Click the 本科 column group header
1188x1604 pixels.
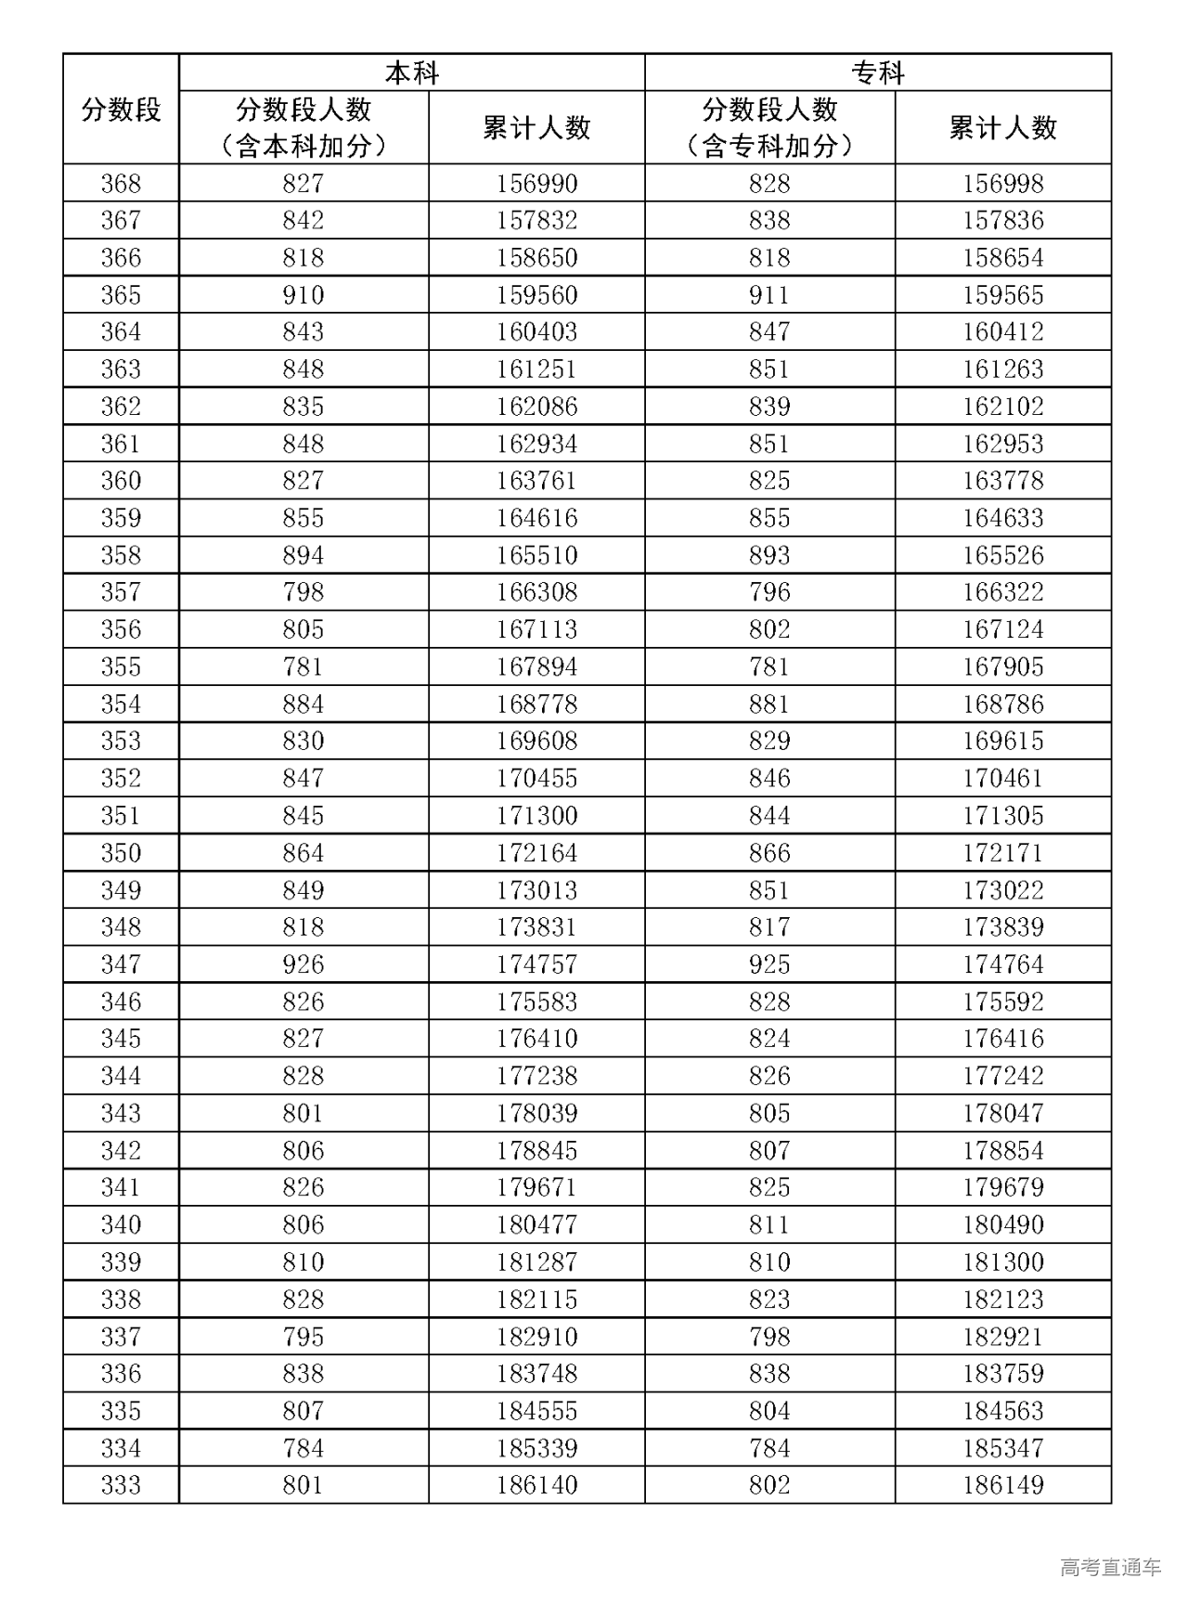[411, 72]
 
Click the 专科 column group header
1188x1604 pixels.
[877, 72]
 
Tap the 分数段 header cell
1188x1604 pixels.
[121, 110]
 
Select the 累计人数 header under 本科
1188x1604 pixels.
[536, 128]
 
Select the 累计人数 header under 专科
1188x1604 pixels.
[1002, 128]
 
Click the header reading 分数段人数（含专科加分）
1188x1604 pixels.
[769, 128]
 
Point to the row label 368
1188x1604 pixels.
[121, 184]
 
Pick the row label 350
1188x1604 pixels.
[121, 853]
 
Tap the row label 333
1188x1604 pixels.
[121, 1485]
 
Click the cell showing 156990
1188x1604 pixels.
[536, 184]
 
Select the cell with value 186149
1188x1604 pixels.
[1002, 1485]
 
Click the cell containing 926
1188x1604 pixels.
[303, 964]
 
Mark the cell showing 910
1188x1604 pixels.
[303, 295]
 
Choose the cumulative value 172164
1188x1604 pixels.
[536, 853]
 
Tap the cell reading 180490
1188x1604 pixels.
[1002, 1224]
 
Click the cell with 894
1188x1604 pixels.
[303, 555]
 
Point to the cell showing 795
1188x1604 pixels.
[303, 1337]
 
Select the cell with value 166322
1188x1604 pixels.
[1002, 592]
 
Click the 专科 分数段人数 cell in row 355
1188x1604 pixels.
[769, 666]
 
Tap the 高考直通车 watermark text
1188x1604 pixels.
[1110, 1568]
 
